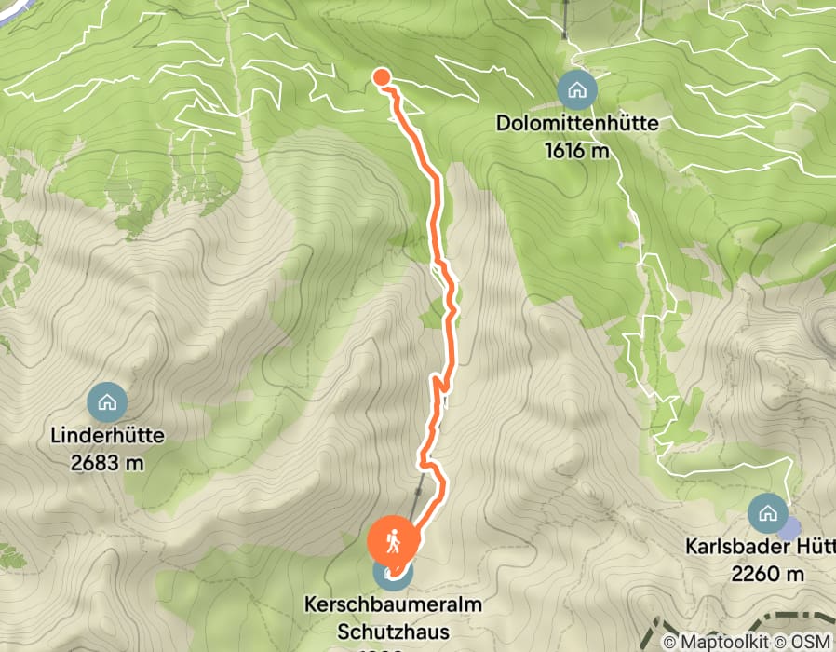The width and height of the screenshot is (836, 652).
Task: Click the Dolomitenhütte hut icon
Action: tap(577, 90)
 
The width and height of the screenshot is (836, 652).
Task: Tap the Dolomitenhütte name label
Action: tap(577, 123)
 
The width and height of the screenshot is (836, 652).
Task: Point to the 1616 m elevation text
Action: tap(577, 149)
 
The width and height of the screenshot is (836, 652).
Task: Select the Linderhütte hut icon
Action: tap(107, 402)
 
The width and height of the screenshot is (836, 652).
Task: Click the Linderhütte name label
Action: tap(108, 434)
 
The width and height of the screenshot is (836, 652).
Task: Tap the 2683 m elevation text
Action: tap(108, 461)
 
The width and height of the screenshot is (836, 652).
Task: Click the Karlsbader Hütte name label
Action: tap(760, 547)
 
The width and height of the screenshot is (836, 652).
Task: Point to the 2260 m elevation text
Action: tap(767, 574)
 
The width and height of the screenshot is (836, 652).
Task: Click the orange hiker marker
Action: tap(395, 541)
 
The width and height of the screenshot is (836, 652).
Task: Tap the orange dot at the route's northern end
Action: tap(381, 77)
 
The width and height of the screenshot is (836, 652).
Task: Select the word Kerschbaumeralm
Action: tap(394, 605)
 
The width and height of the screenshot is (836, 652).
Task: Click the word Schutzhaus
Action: tap(393, 632)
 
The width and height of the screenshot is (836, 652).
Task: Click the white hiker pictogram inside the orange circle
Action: tap(395, 540)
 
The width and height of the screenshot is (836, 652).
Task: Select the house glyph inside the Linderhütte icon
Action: tap(107, 402)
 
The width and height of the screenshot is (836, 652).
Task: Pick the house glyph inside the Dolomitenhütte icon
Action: tap(577, 90)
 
